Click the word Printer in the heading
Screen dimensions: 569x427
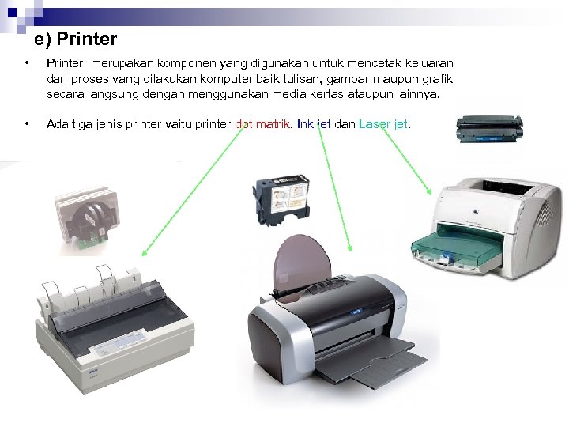pyautogui.click(x=87, y=39)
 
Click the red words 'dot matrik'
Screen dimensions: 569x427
pyautogui.click(x=262, y=124)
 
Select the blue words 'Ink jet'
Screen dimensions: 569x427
pyautogui.click(x=314, y=124)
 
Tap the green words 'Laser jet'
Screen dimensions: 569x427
pyautogui.click(x=383, y=124)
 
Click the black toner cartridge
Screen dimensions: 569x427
pyautogui.click(x=489, y=129)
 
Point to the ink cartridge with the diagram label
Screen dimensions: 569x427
pyautogui.click(x=282, y=199)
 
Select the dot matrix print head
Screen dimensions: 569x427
pyautogui.click(x=88, y=218)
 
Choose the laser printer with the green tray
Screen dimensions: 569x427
pyautogui.click(x=486, y=228)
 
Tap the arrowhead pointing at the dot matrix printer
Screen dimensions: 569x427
pyautogui.click(x=145, y=253)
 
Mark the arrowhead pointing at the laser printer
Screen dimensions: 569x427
pyautogui.click(x=428, y=191)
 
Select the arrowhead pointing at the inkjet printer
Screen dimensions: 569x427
pyautogui.click(x=350, y=248)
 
